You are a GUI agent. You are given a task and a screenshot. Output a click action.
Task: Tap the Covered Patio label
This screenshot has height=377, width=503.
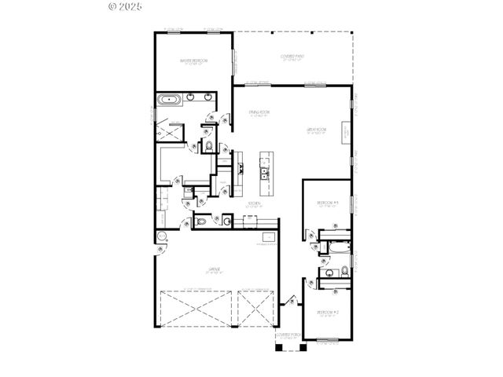click(x=292, y=57)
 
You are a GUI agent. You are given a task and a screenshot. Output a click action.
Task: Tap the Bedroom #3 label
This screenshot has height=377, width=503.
click(x=327, y=203)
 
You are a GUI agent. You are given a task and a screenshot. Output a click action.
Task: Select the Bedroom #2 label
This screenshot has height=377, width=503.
click(x=328, y=312)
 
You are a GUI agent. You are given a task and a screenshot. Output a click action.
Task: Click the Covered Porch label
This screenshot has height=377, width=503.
click(x=288, y=335)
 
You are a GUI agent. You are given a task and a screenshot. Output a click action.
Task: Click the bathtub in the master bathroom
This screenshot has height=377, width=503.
click(x=169, y=100)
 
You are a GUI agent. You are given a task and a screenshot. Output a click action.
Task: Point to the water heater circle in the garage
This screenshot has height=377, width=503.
click(x=162, y=236)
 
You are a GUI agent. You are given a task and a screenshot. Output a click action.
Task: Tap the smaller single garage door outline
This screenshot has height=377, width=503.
click(x=255, y=308)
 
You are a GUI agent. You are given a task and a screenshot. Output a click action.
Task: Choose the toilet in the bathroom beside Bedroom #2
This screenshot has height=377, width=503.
click(x=344, y=272)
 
